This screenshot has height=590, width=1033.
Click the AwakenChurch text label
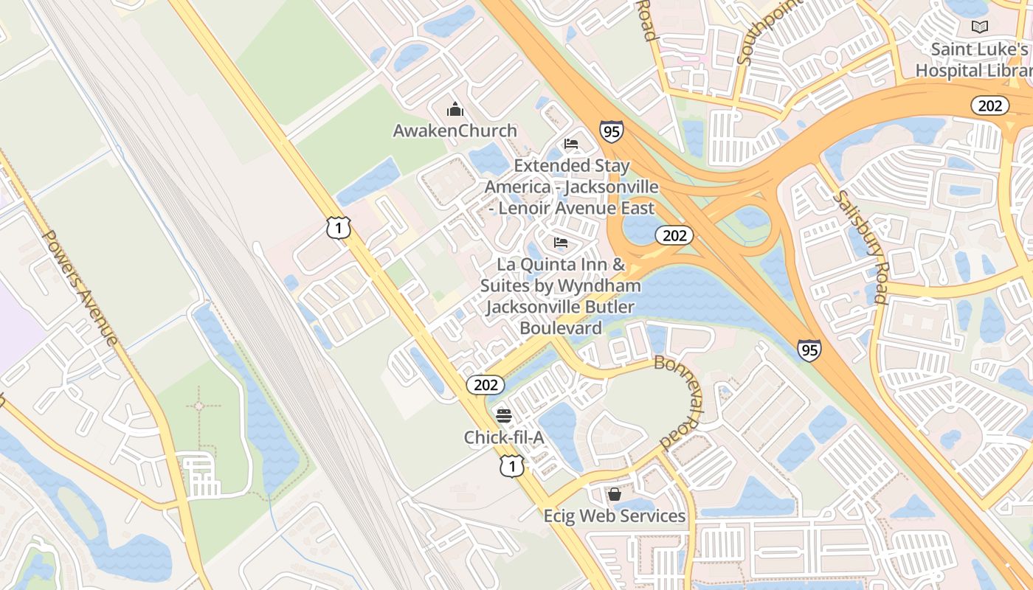point(455,131)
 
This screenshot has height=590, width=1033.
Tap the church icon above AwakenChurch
point(455,110)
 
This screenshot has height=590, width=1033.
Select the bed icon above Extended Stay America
point(570,144)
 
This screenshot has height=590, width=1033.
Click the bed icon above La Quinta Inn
point(561,243)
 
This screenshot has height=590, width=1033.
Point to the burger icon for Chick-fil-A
point(503,415)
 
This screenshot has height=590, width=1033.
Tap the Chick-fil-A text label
point(504,437)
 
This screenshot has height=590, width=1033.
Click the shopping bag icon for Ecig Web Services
point(614,493)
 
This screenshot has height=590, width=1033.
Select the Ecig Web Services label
point(614,516)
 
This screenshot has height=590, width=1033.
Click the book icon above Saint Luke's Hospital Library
point(979,27)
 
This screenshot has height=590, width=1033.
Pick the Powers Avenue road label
point(80,288)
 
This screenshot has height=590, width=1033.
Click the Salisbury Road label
point(860,247)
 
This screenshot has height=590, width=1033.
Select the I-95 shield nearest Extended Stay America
point(611,132)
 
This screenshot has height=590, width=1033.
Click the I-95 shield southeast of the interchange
point(809,350)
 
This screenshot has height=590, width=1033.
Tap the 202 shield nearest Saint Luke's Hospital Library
point(989,105)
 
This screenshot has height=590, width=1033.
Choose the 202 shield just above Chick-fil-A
point(486,384)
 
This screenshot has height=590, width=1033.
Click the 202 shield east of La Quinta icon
point(674,235)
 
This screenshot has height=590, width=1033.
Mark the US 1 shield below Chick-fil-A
point(511,465)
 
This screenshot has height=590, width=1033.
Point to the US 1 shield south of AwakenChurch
point(338,228)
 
